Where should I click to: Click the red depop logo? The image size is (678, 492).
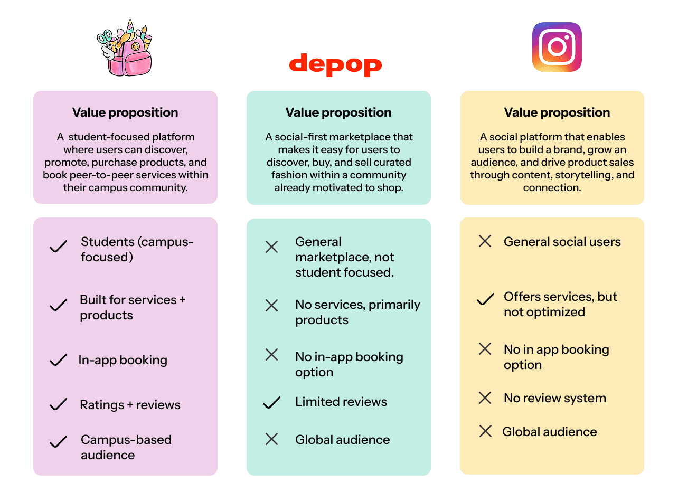(335, 64)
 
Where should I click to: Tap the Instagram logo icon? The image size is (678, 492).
(557, 46)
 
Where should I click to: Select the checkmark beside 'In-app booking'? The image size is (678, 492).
(58, 361)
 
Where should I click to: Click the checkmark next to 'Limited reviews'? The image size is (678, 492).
(271, 403)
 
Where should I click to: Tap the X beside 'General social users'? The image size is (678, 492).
(485, 242)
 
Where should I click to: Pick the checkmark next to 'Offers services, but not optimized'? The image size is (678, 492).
(485, 300)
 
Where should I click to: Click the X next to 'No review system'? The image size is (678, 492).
(485, 398)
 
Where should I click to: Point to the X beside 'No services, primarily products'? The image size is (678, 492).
(271, 305)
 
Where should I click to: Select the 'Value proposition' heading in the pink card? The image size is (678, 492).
(125, 112)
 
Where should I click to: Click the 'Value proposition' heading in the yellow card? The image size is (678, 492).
(557, 112)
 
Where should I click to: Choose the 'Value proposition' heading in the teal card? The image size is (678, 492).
(338, 112)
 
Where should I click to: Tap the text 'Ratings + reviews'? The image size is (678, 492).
(130, 405)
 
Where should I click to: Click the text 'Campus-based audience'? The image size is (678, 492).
(126, 447)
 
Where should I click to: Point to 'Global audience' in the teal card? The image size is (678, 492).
(342, 440)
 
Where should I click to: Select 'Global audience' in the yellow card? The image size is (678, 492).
(549, 432)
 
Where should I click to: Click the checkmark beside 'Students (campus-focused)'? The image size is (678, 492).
(58, 247)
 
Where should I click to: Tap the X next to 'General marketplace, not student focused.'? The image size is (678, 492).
(271, 247)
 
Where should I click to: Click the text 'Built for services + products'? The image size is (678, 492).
(133, 307)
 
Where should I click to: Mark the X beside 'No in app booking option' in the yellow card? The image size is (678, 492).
(485, 349)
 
